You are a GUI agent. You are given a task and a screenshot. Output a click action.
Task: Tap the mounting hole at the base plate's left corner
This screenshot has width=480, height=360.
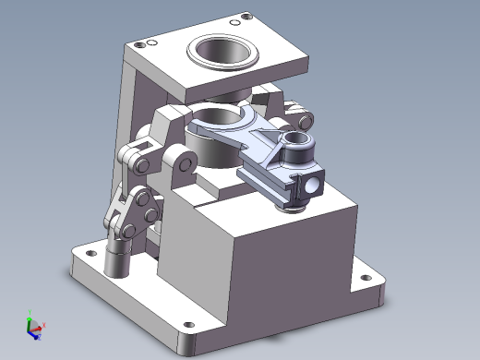coord(91,250)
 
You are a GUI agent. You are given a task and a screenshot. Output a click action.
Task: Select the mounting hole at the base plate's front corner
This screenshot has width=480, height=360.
coord(190,324)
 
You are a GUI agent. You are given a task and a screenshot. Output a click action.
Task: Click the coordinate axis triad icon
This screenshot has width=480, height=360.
coord(33,326)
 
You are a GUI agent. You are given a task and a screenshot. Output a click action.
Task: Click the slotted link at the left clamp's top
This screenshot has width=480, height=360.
coord(139,158)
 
